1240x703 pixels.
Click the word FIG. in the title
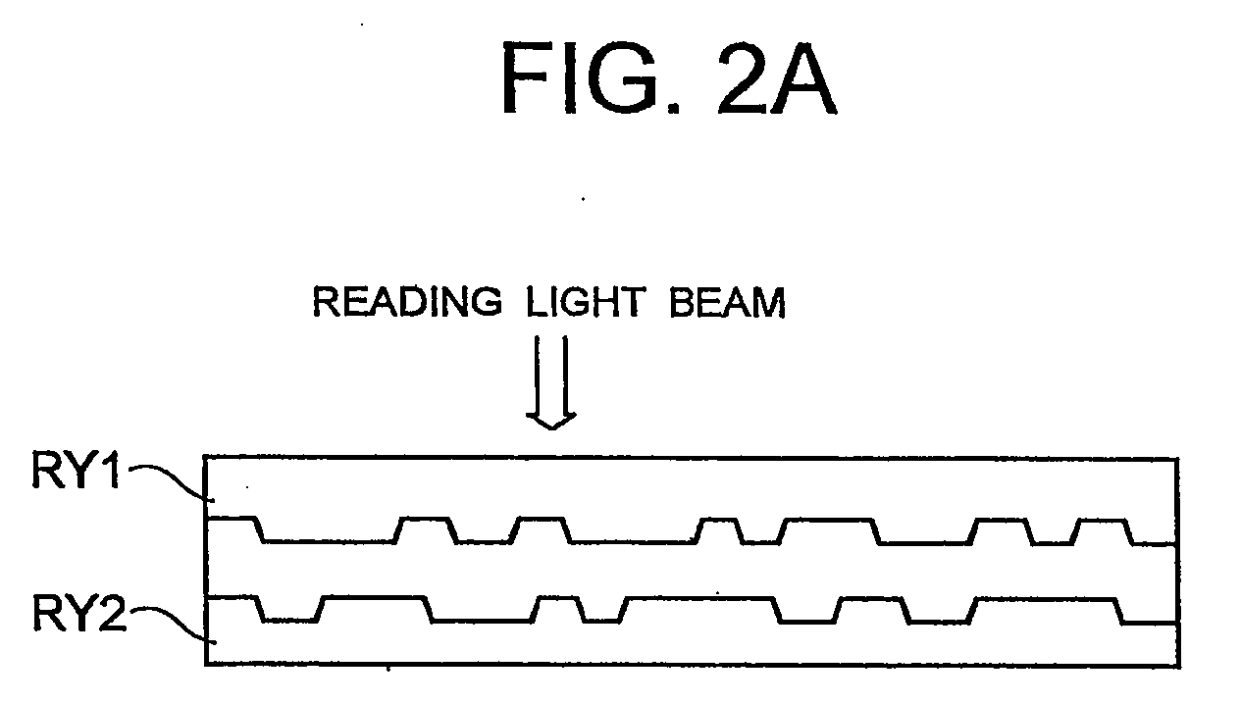click(x=590, y=79)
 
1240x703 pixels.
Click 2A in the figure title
click(x=777, y=79)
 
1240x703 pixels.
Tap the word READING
click(x=407, y=302)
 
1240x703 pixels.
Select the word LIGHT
click(x=586, y=302)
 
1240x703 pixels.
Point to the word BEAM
click(x=727, y=302)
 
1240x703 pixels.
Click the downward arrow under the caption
click(x=551, y=381)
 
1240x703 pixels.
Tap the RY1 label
click(x=76, y=471)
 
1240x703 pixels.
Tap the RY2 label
click(x=79, y=613)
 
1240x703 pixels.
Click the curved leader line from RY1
click(x=173, y=480)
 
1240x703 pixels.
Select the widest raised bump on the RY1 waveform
click(x=829, y=531)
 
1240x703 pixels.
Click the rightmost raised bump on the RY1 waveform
click(x=1102, y=532)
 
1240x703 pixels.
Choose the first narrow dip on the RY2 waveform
click(x=290, y=610)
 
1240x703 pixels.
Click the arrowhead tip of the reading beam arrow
click(x=551, y=429)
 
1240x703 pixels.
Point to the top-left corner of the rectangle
click(x=205, y=457)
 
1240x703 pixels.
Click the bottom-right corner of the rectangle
click(x=1178, y=666)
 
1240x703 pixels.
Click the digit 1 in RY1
click(x=110, y=471)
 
